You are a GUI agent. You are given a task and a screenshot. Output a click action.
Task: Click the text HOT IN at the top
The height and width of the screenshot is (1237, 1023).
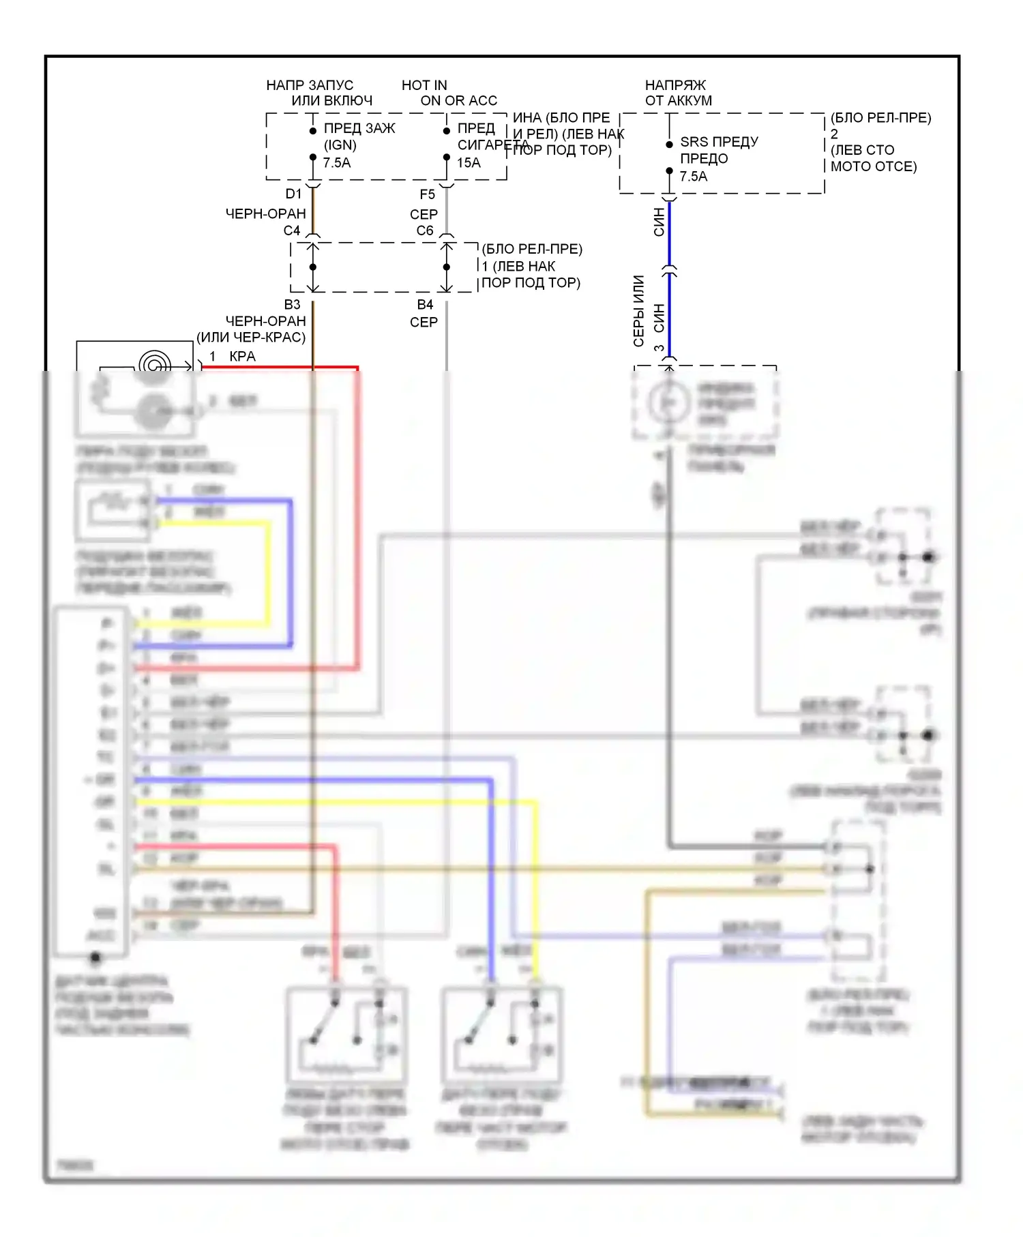[424, 85]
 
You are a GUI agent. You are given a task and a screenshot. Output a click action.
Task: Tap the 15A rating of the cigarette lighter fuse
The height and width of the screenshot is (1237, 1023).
[469, 163]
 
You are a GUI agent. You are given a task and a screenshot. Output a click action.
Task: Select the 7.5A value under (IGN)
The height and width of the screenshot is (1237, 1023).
[337, 163]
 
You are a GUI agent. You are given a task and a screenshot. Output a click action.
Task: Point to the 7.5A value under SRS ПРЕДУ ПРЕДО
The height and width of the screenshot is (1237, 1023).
[694, 177]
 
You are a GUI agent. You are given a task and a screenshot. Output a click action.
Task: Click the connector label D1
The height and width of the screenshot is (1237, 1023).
[293, 194]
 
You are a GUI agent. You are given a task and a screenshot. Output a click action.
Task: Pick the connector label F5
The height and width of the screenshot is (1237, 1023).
[427, 194]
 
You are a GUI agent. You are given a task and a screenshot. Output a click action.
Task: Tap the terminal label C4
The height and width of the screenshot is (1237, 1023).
[292, 230]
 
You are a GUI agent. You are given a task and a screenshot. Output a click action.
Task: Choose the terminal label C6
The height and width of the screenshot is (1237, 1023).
[425, 230]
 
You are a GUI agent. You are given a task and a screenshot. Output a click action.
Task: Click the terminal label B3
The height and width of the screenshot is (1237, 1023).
[292, 304]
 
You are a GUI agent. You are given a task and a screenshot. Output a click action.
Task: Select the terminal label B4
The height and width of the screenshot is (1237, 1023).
[425, 304]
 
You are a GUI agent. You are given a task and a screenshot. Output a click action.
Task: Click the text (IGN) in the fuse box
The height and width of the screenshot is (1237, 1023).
[340, 145]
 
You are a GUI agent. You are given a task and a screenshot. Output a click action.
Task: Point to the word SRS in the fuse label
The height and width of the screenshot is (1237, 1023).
[694, 142]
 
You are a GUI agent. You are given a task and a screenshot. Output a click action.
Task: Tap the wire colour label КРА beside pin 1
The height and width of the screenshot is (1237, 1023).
[242, 356]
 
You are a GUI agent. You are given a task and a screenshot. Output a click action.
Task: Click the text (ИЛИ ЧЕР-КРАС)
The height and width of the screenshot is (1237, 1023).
[251, 337]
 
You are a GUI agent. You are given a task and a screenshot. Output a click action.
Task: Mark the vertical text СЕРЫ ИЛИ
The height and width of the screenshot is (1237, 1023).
[638, 310]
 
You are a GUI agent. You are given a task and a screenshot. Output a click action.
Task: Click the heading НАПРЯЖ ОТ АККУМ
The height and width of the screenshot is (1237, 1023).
[678, 93]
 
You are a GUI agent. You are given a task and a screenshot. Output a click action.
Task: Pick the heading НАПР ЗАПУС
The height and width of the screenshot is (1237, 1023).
[310, 85]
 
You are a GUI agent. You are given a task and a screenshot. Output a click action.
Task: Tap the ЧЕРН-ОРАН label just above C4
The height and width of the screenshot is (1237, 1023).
[265, 214]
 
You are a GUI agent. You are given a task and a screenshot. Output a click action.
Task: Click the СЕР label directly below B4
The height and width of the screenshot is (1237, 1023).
[424, 322]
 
